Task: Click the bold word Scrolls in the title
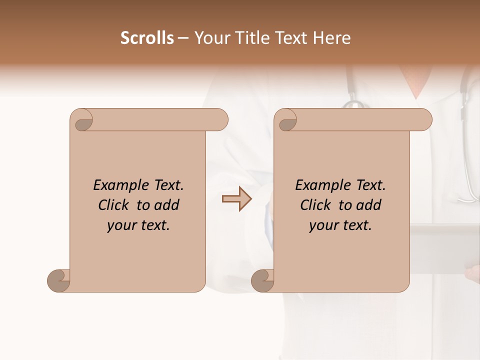(147, 38)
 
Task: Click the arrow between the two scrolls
(236, 199)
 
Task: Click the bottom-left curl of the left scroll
(58, 280)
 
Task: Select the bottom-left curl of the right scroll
(262, 280)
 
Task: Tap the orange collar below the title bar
(415, 80)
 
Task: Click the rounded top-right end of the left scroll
(220, 119)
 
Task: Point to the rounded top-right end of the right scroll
(424, 119)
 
